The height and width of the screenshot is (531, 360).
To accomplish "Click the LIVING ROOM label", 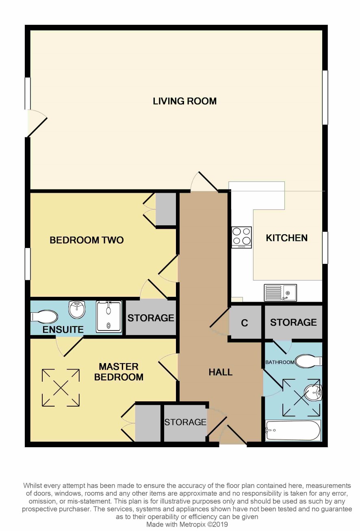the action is (184, 101).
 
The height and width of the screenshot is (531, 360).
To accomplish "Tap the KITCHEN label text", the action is (286, 238).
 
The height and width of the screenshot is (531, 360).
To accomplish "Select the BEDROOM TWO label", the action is (87, 240).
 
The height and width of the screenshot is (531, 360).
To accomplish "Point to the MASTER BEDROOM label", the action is (119, 372).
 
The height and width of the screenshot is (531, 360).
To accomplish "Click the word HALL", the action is (220, 372).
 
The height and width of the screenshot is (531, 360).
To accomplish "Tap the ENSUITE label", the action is (63, 329).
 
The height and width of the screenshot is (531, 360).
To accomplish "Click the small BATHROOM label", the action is (280, 362).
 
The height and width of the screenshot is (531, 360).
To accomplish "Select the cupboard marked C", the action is (245, 322).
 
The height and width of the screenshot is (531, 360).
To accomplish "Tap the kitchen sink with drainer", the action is (280, 293).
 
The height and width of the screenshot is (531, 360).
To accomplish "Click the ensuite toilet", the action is (44, 316).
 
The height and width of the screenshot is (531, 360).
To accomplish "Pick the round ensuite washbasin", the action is (77, 309).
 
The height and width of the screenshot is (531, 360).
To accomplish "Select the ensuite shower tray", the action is (109, 316).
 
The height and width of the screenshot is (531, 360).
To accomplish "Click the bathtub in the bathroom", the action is (293, 430).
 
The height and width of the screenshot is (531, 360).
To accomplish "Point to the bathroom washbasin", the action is (313, 393).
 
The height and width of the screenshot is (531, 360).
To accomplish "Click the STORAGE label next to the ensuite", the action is (151, 318).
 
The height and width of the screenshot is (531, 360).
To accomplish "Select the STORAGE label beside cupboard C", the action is (293, 322).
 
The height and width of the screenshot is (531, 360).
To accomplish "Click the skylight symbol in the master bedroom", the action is (61, 387).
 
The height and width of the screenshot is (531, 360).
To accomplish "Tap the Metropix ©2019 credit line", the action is (187, 524).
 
